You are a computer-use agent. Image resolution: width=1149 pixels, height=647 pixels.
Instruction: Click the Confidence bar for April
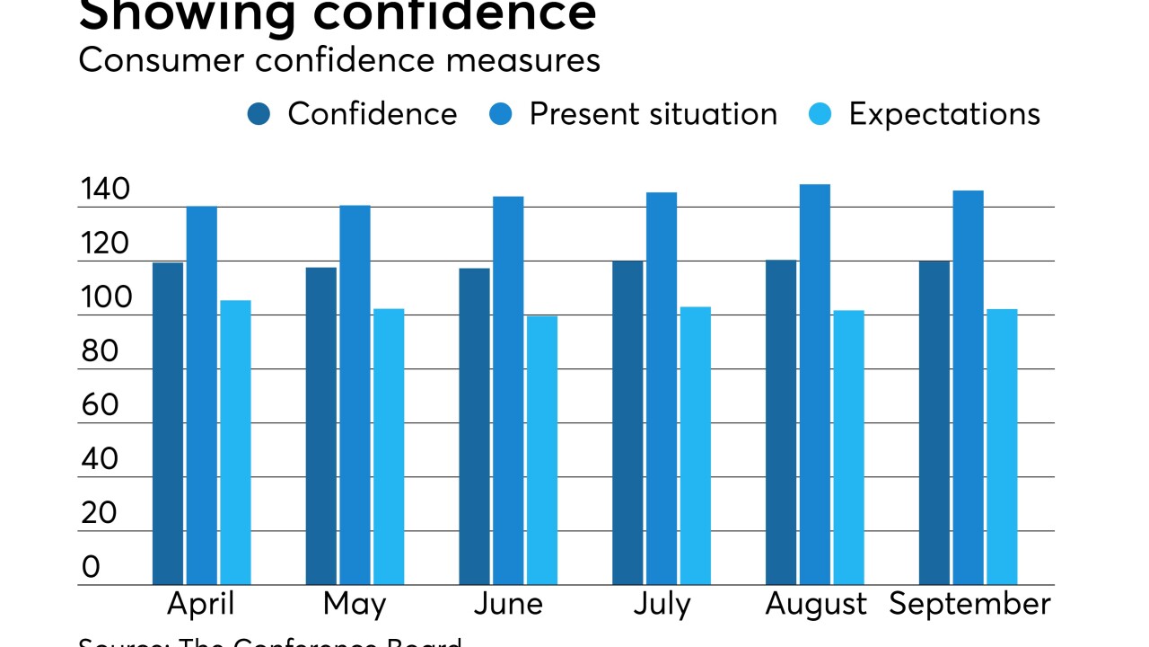click(168, 423)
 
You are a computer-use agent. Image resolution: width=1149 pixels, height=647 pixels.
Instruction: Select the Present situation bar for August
click(815, 385)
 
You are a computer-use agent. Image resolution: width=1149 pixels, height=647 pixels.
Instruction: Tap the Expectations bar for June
click(542, 450)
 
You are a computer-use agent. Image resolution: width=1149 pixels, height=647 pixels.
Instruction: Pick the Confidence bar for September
click(934, 422)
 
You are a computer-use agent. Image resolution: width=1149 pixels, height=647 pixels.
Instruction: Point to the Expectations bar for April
click(235, 442)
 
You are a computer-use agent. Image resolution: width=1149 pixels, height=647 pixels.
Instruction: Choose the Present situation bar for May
click(355, 395)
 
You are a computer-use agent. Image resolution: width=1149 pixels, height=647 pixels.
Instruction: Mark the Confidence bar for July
click(627, 422)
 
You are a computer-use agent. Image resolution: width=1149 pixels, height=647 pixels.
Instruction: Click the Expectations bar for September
click(1002, 447)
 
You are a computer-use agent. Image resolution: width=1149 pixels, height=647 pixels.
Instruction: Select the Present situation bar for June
click(508, 391)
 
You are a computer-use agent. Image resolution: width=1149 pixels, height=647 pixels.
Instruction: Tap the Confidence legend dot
click(259, 115)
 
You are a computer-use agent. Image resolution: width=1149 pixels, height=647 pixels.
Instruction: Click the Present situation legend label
click(653, 114)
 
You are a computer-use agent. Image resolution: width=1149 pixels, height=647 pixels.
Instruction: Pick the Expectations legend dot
click(821, 115)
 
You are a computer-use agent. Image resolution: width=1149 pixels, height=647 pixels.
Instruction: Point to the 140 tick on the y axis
click(105, 191)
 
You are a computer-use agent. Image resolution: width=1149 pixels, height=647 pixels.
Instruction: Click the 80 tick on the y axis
click(99, 351)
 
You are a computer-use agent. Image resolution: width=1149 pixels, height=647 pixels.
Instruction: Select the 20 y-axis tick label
click(99, 513)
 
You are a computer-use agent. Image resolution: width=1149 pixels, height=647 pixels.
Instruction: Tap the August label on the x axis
click(816, 605)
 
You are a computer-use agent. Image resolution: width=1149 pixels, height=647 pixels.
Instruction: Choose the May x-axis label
click(354, 605)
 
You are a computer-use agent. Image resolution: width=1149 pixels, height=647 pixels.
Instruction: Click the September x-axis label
click(969, 605)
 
